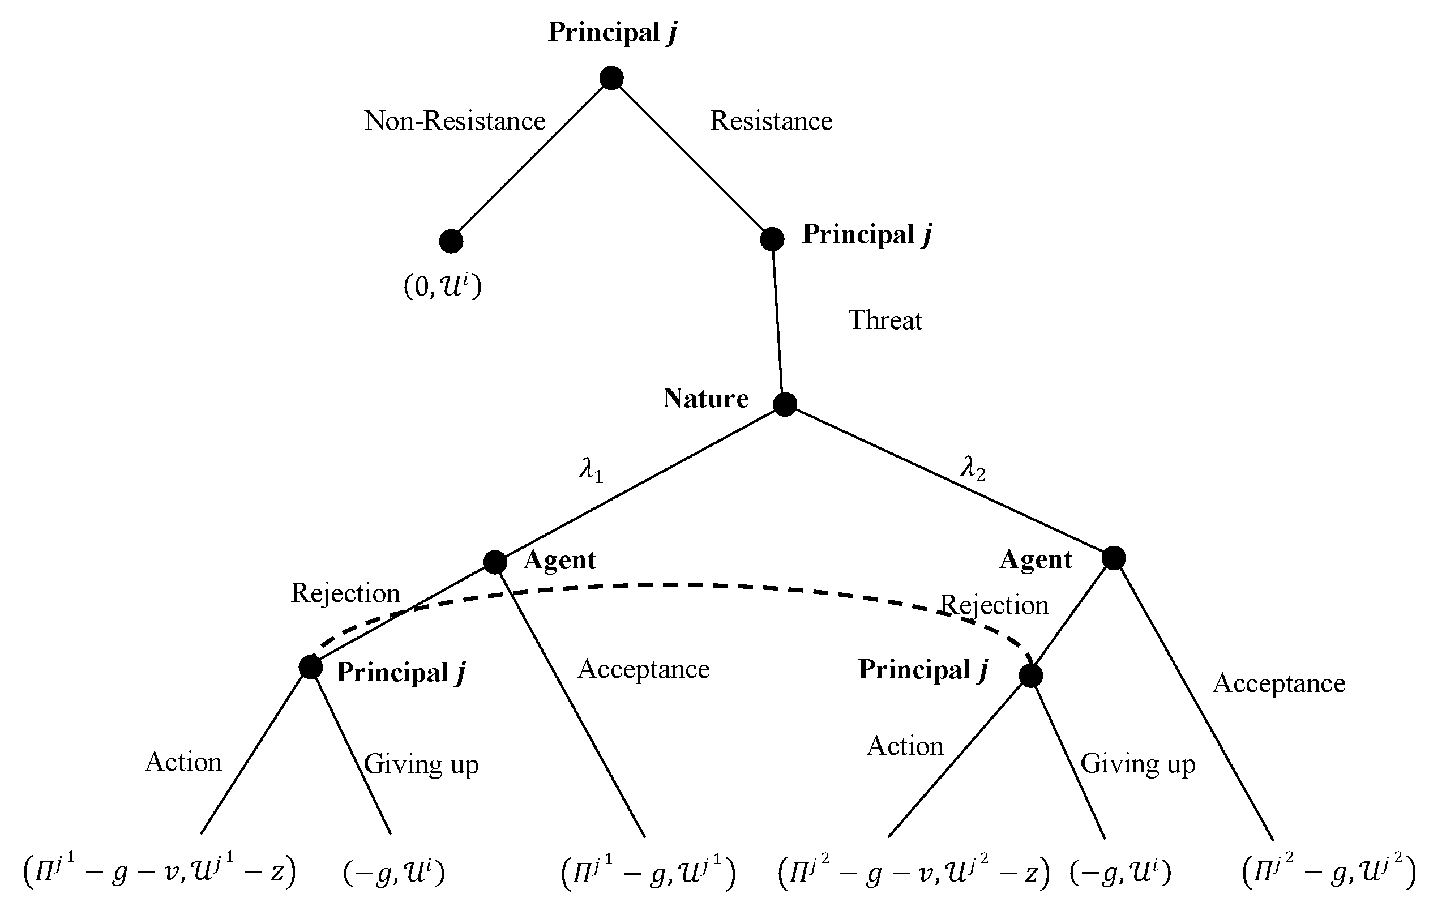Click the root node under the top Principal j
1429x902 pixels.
(x=611, y=78)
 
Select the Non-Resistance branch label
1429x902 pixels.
(x=455, y=121)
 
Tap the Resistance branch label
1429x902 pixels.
(x=771, y=121)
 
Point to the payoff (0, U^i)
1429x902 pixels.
(x=443, y=286)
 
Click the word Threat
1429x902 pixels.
(x=885, y=320)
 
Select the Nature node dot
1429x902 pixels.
(x=785, y=404)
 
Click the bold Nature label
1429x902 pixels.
(x=705, y=398)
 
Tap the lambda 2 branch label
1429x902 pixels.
(x=973, y=469)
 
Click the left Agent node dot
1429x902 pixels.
(x=494, y=561)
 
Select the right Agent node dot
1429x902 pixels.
(x=1113, y=558)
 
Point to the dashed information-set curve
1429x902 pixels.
(x=682, y=585)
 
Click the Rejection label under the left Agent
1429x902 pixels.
(x=345, y=593)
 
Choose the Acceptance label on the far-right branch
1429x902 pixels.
(x=1279, y=683)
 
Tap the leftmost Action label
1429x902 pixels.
(x=183, y=762)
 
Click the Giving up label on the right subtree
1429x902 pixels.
(x=1137, y=764)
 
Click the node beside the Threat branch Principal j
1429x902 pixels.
(x=772, y=238)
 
